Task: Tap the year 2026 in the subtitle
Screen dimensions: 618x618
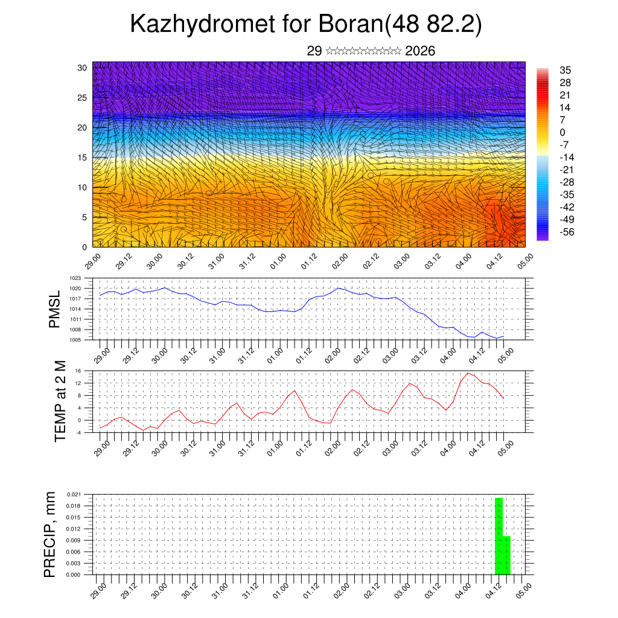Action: (x=420, y=51)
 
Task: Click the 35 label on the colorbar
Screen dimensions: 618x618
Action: (x=565, y=70)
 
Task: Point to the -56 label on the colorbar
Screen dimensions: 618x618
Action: (x=568, y=231)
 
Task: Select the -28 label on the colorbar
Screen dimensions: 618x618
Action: (x=568, y=182)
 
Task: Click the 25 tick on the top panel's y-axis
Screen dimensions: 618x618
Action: (x=82, y=98)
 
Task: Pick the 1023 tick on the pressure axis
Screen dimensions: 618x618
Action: (x=75, y=278)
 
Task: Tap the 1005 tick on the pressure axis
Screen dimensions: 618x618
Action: (x=75, y=340)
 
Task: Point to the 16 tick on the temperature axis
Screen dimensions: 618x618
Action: (x=78, y=371)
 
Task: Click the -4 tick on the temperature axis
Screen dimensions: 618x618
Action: (x=78, y=433)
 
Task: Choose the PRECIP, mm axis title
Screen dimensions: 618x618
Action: (x=51, y=534)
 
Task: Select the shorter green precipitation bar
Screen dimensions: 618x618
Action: (x=506, y=555)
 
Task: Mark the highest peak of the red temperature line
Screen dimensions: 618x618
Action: (x=468, y=373)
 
